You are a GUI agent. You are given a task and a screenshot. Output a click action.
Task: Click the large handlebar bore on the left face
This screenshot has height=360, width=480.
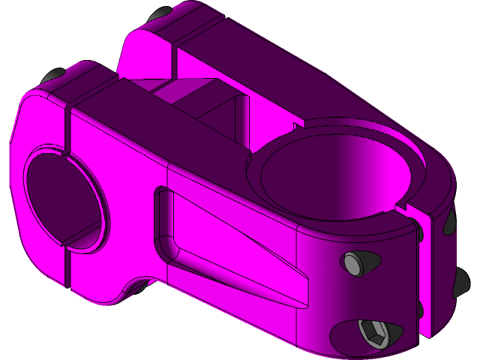[x=63, y=197]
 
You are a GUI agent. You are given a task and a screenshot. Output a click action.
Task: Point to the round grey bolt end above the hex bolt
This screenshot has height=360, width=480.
[x=353, y=263]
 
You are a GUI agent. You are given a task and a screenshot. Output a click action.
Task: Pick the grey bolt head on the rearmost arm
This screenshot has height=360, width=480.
[x=160, y=14]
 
